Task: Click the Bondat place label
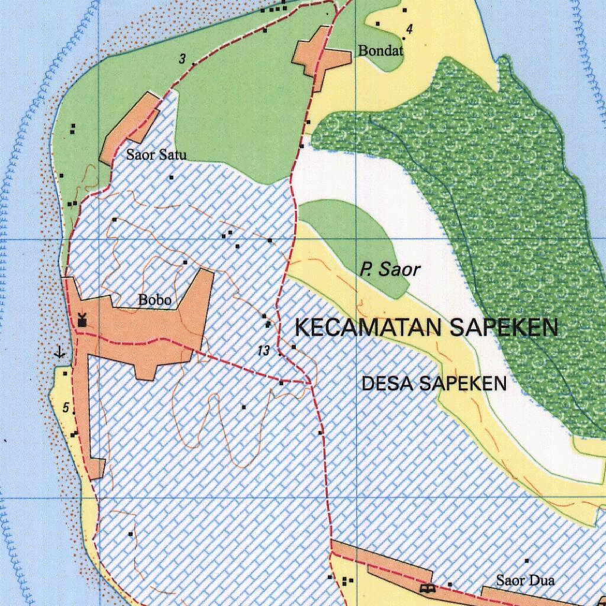tap(381, 51)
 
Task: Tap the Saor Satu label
tap(156, 155)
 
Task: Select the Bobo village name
tap(155, 300)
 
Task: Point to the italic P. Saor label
tap(390, 270)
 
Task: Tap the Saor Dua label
tap(526, 580)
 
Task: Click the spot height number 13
tap(264, 351)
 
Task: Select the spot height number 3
tap(183, 59)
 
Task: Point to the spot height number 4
tap(408, 29)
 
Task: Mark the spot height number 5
tap(66, 407)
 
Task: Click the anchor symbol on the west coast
tap(59, 353)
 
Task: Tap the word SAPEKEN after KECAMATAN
tap(504, 327)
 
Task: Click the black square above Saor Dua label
tap(527, 560)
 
